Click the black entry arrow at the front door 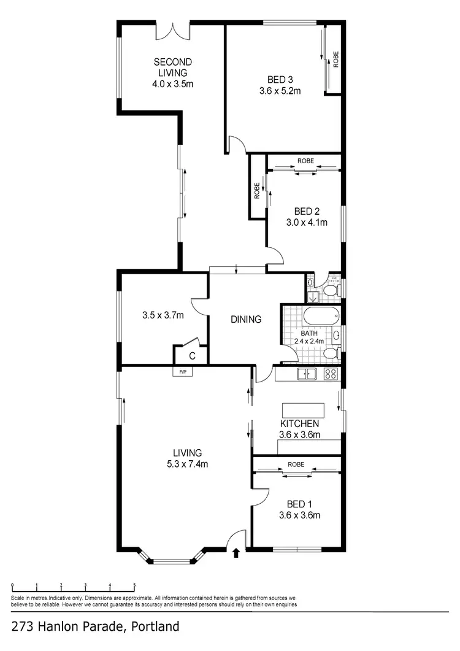pyautogui.click(x=236, y=554)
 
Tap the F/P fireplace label pyautogui.click(x=183, y=372)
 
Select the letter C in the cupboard pyautogui.click(x=191, y=355)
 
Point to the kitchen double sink pyautogui.click(x=305, y=374)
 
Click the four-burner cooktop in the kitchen pyautogui.click(x=330, y=374)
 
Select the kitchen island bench pyautogui.click(x=302, y=410)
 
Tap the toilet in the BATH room pyautogui.click(x=330, y=353)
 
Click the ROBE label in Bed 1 pyautogui.click(x=296, y=464)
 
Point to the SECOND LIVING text pyautogui.click(x=172, y=67)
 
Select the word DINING pyautogui.click(x=246, y=319)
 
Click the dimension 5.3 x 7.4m pyautogui.click(x=188, y=464)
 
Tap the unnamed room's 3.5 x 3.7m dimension pyautogui.click(x=163, y=316)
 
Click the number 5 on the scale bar pyautogui.click(x=134, y=585)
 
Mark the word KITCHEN pyautogui.click(x=299, y=424)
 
